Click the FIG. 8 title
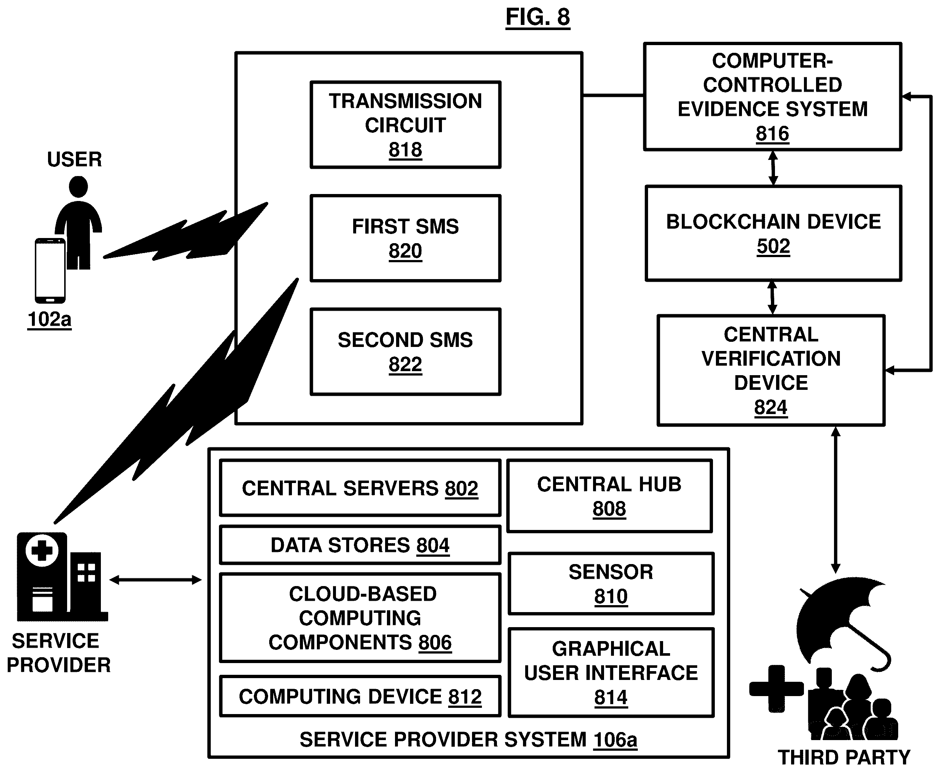point(538,17)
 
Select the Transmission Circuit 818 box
point(405,125)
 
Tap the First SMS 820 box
point(405,238)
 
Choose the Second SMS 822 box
point(405,352)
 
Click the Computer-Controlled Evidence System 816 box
point(772,97)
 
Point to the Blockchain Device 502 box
point(773,234)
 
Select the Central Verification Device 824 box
point(771,370)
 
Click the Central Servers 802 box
point(360,488)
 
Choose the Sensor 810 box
point(611,584)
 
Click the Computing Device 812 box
point(360,696)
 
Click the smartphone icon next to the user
point(50,270)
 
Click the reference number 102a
point(50,319)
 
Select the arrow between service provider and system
point(156,580)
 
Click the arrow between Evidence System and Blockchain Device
point(773,168)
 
